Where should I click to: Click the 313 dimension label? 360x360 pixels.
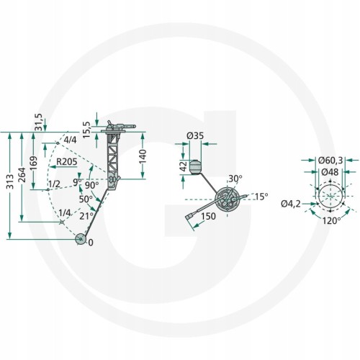(11, 181)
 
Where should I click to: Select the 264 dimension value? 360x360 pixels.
(22, 175)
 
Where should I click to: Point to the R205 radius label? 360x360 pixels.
(67, 162)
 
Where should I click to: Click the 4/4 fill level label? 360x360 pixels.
(69, 140)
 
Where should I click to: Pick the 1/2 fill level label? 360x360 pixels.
(54, 184)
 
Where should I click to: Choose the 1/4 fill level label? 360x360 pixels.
(65, 212)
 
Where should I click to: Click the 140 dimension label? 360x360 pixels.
(143, 156)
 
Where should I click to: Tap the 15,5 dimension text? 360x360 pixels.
(86, 130)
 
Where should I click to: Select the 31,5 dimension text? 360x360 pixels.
(39, 122)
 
